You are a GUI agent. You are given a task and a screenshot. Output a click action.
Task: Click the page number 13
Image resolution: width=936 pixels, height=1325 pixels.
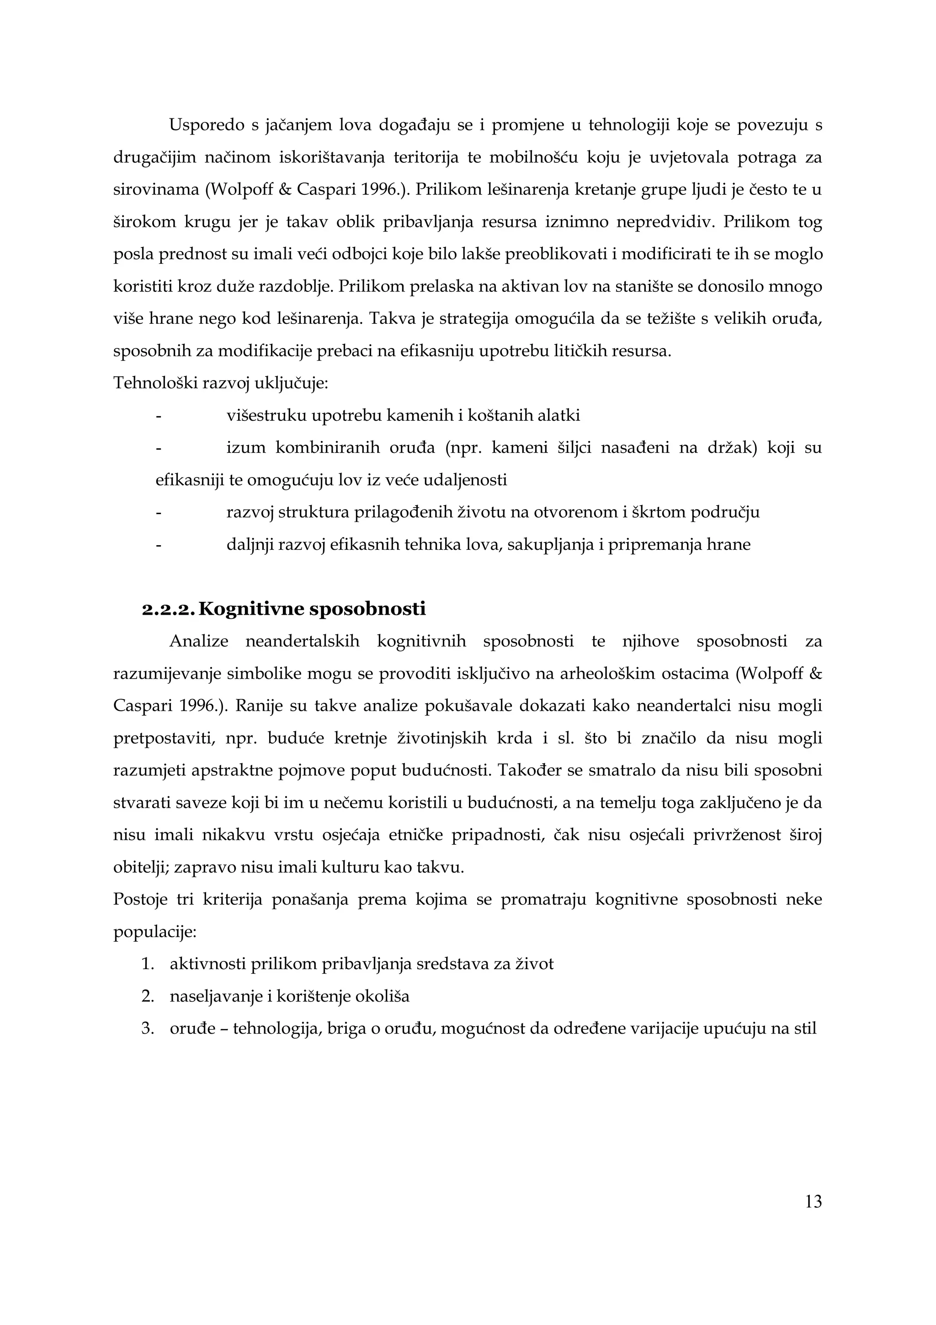coord(813,1202)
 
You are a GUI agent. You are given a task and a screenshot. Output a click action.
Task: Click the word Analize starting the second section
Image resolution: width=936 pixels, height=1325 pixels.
coord(199,641)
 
